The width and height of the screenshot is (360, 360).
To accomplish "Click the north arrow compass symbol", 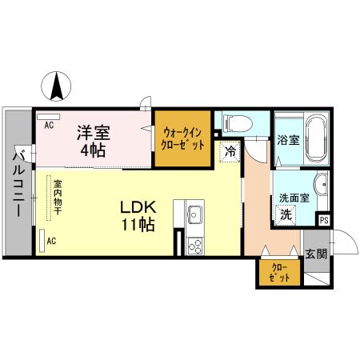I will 58,87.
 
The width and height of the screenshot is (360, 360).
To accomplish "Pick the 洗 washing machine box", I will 286,214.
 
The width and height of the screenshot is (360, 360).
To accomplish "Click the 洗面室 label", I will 293,198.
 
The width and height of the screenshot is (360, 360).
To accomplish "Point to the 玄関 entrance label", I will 315,254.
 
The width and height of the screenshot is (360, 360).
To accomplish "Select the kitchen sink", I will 194,214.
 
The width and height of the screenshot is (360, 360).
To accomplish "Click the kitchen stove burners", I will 194,244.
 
